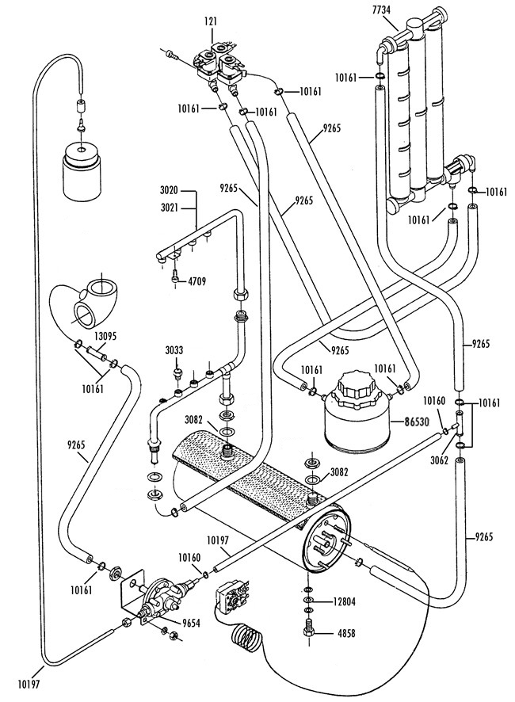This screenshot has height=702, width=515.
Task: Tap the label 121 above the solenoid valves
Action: click(x=212, y=21)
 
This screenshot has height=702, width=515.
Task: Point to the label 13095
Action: click(x=105, y=336)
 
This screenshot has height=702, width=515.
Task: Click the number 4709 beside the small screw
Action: click(x=196, y=282)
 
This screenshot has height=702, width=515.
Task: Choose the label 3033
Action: click(x=174, y=350)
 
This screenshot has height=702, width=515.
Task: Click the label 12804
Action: click(x=344, y=602)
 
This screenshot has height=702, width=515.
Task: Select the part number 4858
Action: click(x=345, y=633)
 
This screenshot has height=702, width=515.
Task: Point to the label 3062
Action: click(x=439, y=460)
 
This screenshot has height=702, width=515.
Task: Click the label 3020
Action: click(x=170, y=191)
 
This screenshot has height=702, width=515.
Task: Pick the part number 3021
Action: click(x=170, y=208)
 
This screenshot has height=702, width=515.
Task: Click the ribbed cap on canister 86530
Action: click(x=357, y=384)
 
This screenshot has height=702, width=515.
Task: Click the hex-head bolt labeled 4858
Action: click(x=308, y=630)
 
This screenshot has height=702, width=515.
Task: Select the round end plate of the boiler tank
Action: click(x=328, y=539)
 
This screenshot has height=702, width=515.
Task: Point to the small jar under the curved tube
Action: click(x=82, y=171)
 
